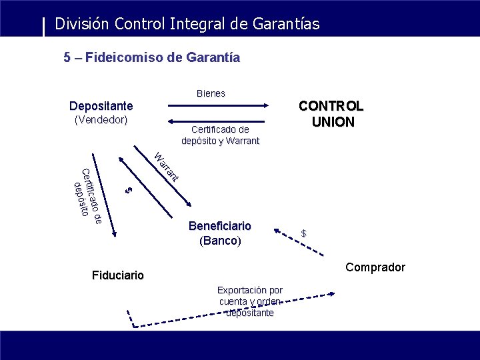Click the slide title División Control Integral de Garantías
point(187,24)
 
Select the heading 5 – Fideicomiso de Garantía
point(151,57)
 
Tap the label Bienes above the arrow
point(211,93)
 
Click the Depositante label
point(101,106)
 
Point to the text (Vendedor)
point(101,120)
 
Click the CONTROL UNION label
point(331,114)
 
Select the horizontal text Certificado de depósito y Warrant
point(220,135)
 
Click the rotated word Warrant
point(165,167)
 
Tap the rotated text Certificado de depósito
point(87,193)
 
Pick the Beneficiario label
point(219,226)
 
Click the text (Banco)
point(220,241)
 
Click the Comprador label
point(375,267)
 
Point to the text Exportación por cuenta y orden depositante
point(249,301)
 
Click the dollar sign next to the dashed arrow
point(303,233)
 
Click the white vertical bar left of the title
point(44,26)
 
